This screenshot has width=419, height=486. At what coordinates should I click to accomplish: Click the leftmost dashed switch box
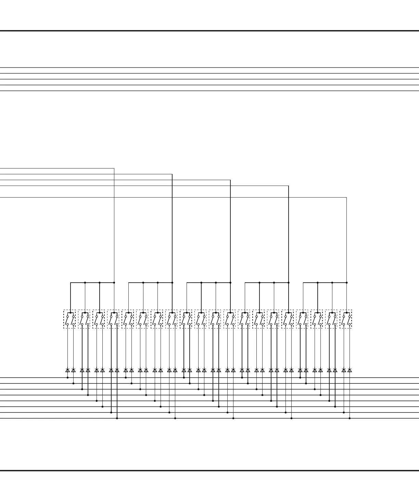(x=69, y=319)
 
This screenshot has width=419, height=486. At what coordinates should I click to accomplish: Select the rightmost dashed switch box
(x=346, y=319)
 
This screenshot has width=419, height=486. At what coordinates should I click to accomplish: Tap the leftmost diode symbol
(x=67, y=370)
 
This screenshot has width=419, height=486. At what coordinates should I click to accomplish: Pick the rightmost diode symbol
(x=350, y=370)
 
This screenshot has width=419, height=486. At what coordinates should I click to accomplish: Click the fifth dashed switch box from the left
(x=128, y=319)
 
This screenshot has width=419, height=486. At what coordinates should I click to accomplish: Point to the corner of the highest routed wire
(x=114, y=168)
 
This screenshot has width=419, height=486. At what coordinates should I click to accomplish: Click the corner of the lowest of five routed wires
(x=347, y=197)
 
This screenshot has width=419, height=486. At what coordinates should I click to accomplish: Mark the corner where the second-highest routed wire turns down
(x=172, y=174)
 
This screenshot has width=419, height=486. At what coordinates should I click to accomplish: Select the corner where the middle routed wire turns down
(x=230, y=180)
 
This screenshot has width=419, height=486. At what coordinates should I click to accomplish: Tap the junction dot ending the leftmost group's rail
(x=114, y=283)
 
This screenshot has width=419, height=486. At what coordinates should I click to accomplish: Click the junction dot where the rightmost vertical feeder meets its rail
(x=347, y=283)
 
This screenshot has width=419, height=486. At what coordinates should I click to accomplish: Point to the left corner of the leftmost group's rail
(x=71, y=283)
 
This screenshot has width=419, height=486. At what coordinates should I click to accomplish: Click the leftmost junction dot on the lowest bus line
(x=117, y=418)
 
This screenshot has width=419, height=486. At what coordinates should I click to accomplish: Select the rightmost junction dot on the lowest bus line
(x=350, y=418)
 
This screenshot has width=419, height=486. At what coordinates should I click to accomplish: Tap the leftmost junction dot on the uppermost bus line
(x=67, y=378)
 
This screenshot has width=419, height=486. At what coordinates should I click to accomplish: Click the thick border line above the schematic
(x=209, y=31)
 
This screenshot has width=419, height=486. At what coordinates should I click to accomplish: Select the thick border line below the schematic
(x=209, y=471)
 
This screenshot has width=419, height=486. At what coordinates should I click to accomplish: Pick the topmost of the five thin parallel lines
(x=209, y=68)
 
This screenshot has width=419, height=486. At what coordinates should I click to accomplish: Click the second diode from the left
(x=73, y=370)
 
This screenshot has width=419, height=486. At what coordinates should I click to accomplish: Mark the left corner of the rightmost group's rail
(x=303, y=283)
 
